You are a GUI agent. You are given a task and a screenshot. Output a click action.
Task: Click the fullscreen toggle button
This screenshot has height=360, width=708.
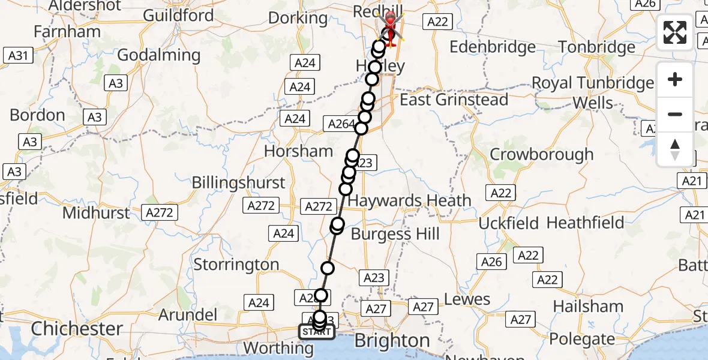point(675,32)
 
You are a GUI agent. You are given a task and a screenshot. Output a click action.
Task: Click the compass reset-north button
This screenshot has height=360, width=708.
point(675,149)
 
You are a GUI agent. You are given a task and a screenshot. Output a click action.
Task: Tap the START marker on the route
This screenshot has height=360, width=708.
point(316,332)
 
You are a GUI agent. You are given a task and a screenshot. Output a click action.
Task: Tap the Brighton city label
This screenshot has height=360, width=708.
point(392,341)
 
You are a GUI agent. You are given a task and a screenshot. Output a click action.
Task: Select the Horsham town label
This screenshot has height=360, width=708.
point(298,151)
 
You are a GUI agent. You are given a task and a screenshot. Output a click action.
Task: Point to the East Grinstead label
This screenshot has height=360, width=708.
point(454,100)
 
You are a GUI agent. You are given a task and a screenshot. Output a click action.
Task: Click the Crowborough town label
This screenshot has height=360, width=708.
point(541,154)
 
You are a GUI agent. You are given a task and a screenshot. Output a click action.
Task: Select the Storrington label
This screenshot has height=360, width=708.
point(236,265)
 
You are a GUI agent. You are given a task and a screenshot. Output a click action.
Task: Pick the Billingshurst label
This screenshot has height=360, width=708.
point(239,182)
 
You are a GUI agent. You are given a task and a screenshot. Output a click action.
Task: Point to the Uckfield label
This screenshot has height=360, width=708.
point(509,223)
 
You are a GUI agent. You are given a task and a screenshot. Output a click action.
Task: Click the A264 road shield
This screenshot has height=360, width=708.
point(339,124)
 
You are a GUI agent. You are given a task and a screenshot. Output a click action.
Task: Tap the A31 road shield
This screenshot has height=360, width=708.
point(17,56)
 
